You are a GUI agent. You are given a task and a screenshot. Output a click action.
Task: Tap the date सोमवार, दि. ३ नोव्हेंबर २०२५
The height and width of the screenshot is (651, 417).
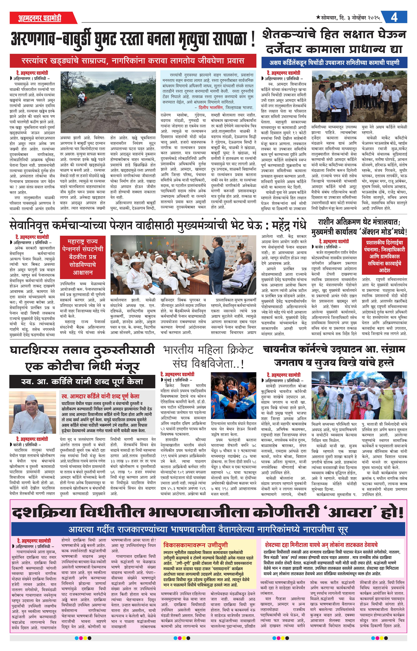click(x=350, y=18)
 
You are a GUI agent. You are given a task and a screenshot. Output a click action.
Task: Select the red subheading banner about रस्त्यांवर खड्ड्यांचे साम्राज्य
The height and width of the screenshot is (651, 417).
click(x=133, y=61)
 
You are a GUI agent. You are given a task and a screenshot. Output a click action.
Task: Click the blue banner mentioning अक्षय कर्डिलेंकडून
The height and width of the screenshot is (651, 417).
click(x=334, y=63)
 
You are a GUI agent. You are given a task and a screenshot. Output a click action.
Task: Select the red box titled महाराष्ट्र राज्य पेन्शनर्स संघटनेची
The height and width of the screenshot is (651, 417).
click(x=82, y=256)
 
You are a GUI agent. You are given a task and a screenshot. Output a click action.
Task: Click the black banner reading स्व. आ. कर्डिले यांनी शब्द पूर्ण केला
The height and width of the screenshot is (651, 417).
click(x=82, y=381)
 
